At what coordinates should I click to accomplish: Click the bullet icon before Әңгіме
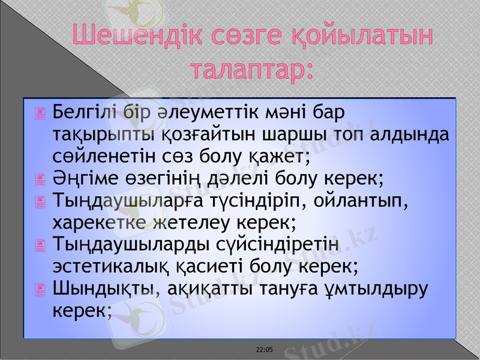(x=40, y=178)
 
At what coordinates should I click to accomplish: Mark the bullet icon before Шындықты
(x=40, y=289)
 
